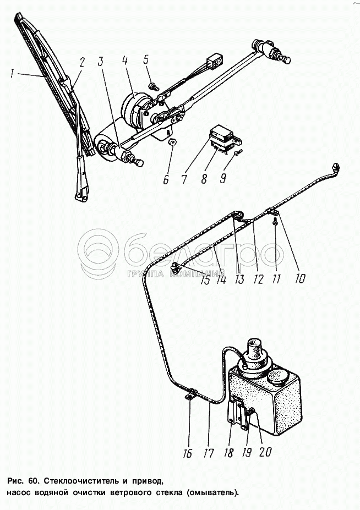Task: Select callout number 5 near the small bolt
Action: [146, 59]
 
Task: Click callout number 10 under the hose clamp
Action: [300, 279]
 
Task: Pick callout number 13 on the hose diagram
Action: [239, 279]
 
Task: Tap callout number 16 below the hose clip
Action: [188, 453]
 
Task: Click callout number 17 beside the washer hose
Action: [209, 453]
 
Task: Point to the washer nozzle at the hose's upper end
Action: [335, 165]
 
